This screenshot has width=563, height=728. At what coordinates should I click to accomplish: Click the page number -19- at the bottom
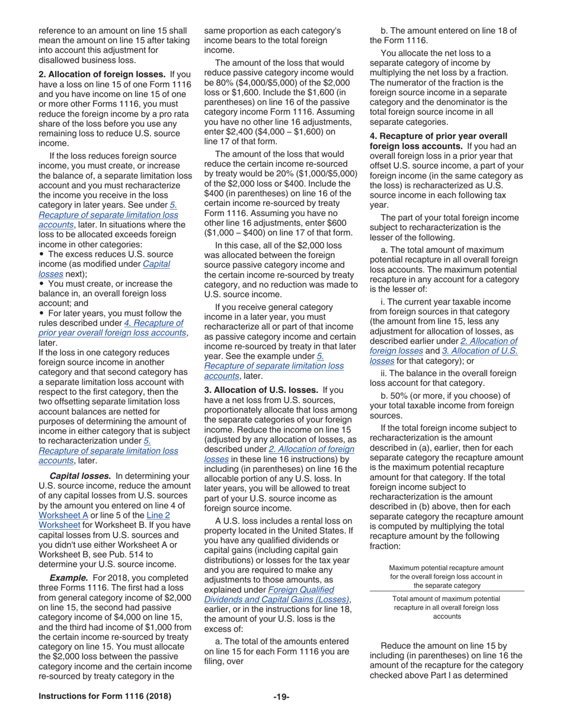pos(281,697)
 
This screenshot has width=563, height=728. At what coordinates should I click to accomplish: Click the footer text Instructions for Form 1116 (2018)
pos(105,697)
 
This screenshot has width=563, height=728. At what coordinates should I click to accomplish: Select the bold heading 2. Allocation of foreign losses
pos(102,74)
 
